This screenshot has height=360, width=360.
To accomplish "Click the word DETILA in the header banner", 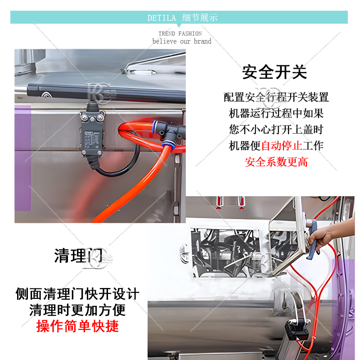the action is click(162, 18).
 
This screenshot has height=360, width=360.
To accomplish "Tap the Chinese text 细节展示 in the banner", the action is click(200, 18).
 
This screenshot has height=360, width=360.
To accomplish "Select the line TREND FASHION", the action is click(180, 33).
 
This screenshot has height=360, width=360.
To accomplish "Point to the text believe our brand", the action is click(182, 41).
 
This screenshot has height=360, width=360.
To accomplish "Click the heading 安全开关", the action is click(274, 72).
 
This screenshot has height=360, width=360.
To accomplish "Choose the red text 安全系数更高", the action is click(276, 162).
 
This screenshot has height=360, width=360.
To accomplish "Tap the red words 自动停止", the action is click(282, 145).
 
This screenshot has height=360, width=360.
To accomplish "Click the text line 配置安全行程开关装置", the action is click(276, 97).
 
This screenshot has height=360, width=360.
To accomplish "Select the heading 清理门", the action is click(78, 256).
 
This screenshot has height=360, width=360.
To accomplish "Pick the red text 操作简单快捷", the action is click(77, 326).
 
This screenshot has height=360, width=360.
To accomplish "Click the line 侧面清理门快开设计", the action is click(77, 294).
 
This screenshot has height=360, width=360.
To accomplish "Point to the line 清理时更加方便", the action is click(77, 310).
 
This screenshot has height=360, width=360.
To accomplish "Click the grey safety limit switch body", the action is click(92, 134).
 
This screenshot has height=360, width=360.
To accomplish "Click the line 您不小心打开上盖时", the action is click(276, 130).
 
